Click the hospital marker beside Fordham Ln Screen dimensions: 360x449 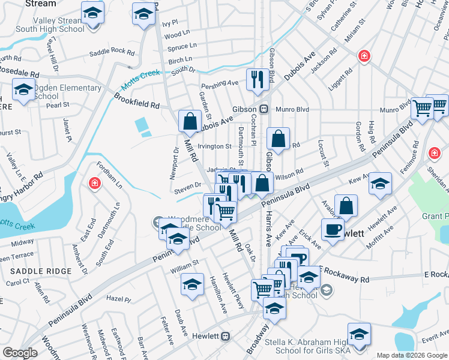tap(94, 183)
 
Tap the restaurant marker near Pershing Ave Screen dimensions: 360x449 tap(258, 80)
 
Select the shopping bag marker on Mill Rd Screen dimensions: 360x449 tap(190, 122)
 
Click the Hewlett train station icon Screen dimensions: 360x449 tap(226, 336)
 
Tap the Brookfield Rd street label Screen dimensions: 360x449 tap(137, 100)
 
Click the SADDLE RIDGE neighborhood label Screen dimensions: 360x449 tap(42, 271)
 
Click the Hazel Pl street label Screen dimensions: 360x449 tap(118, 298)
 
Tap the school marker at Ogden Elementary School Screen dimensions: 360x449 tap(23, 91)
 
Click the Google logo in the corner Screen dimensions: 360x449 tap(20, 353)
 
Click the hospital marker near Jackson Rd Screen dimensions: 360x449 tap(364, 58)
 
